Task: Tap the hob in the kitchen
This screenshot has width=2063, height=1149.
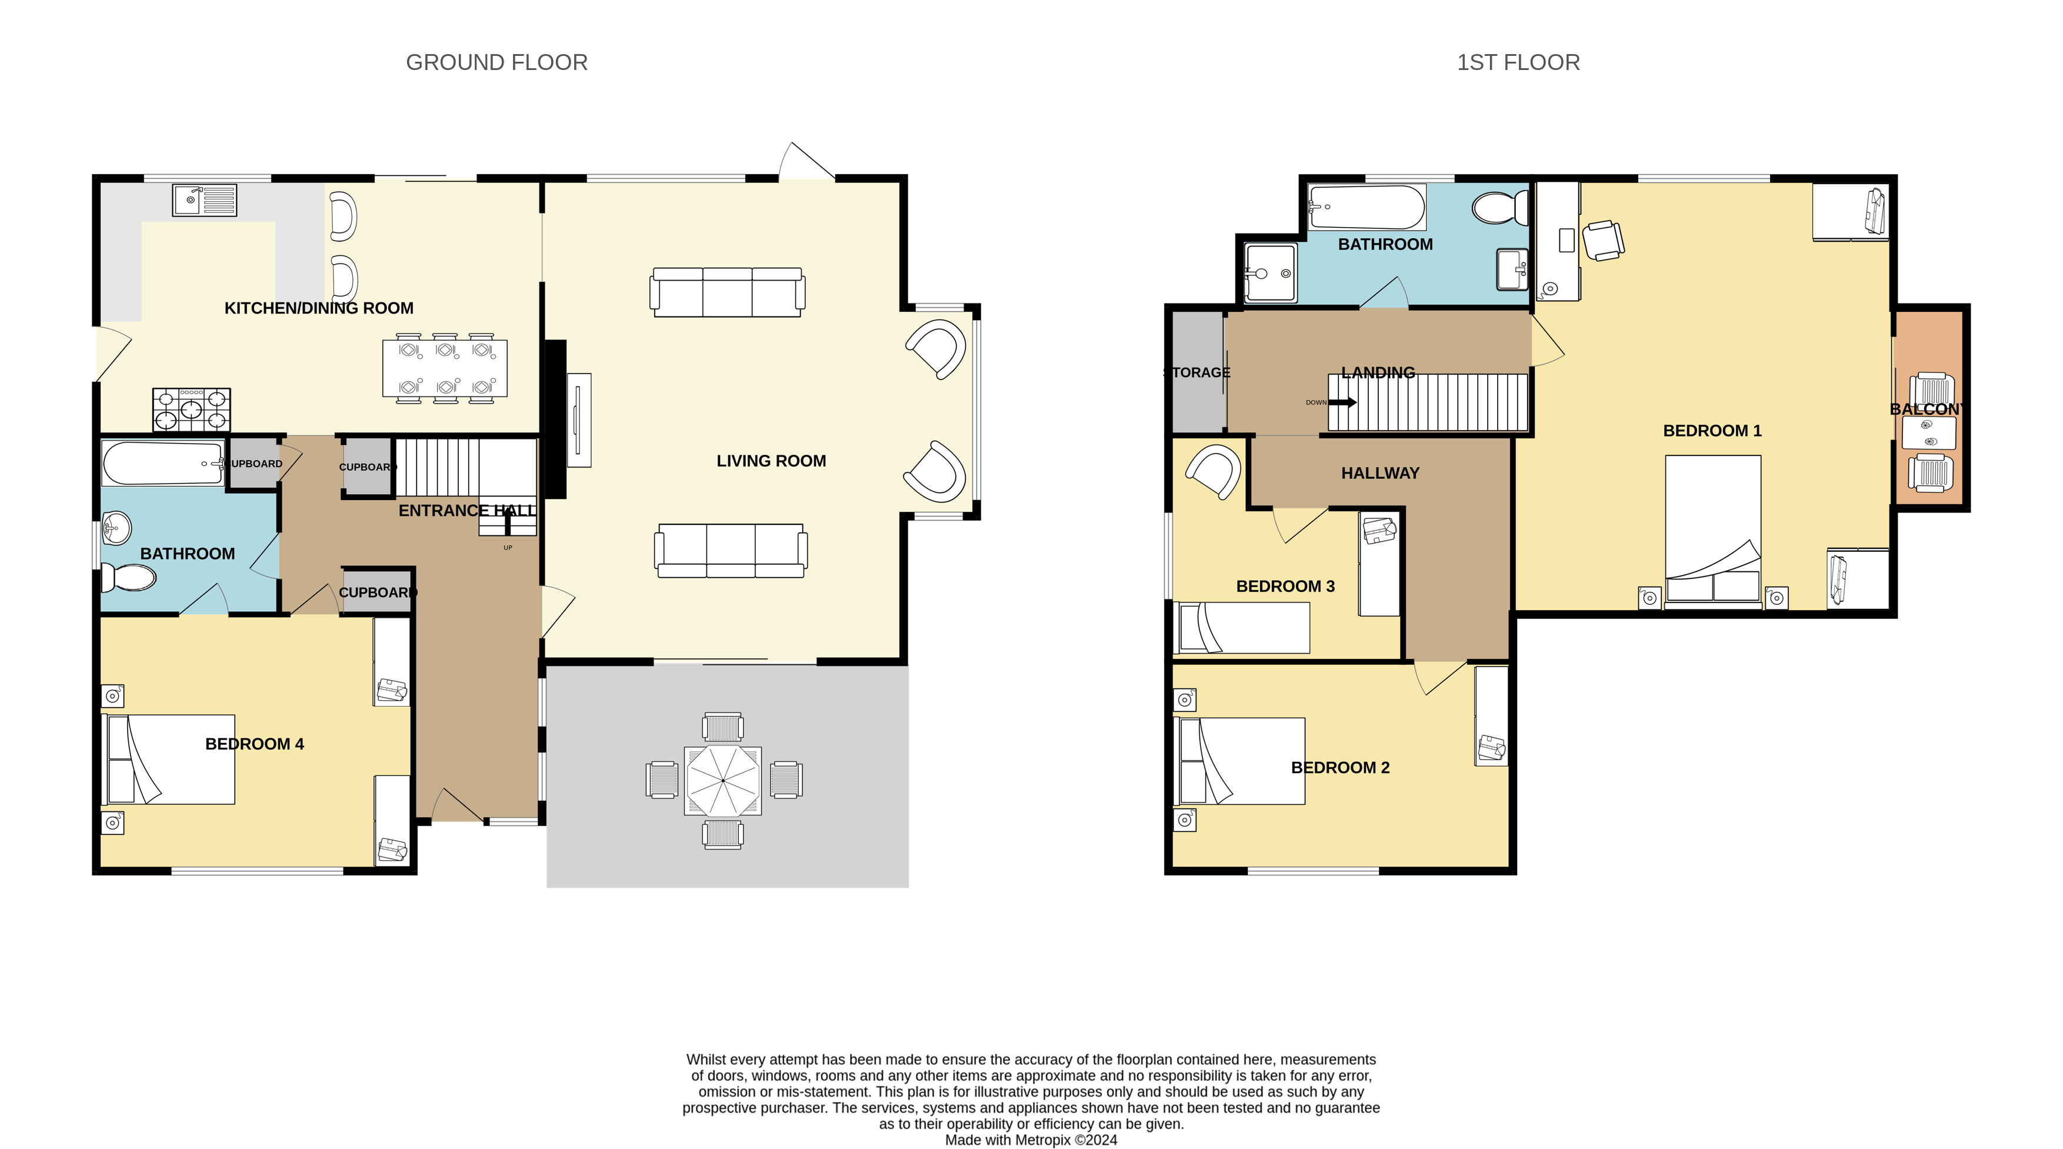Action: tap(191, 410)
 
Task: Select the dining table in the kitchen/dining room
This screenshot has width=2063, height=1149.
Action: tap(445, 368)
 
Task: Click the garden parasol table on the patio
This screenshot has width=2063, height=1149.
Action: tap(722, 780)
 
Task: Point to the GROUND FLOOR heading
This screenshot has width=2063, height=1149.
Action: tap(496, 62)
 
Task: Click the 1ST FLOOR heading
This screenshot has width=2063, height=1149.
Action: tap(1518, 62)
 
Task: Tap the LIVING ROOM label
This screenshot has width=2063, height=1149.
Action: tap(771, 461)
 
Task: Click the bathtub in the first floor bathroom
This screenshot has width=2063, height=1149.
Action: tap(1367, 207)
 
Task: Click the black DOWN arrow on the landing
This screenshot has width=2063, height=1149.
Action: tap(1343, 403)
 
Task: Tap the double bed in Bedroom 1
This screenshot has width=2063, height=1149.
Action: tap(1713, 532)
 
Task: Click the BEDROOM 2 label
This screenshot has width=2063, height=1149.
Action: tap(1341, 768)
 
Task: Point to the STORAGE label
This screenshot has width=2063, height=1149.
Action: tap(1197, 372)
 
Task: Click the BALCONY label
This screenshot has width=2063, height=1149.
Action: tap(1928, 409)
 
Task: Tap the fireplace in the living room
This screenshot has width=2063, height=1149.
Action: tap(578, 419)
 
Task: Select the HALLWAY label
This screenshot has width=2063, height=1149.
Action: tap(1381, 473)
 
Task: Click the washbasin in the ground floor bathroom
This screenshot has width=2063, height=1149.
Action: tap(116, 528)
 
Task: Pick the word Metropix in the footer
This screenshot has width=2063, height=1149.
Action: tap(1043, 1140)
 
